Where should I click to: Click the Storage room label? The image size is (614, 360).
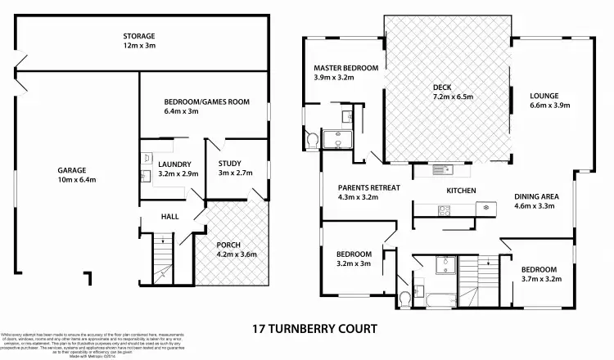(139, 41)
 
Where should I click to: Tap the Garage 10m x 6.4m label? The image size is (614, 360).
(71, 175)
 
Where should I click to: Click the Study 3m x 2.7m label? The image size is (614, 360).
(233, 169)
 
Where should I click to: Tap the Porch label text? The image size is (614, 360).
(236, 250)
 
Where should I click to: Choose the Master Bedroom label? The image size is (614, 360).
(345, 73)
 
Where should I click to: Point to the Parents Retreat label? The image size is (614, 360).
(368, 192)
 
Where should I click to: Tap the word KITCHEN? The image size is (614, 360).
(461, 191)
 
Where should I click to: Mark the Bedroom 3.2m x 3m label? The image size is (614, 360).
(354, 259)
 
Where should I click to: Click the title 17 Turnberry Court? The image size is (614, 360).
(313, 329)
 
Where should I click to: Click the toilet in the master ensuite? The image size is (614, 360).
(312, 141)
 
